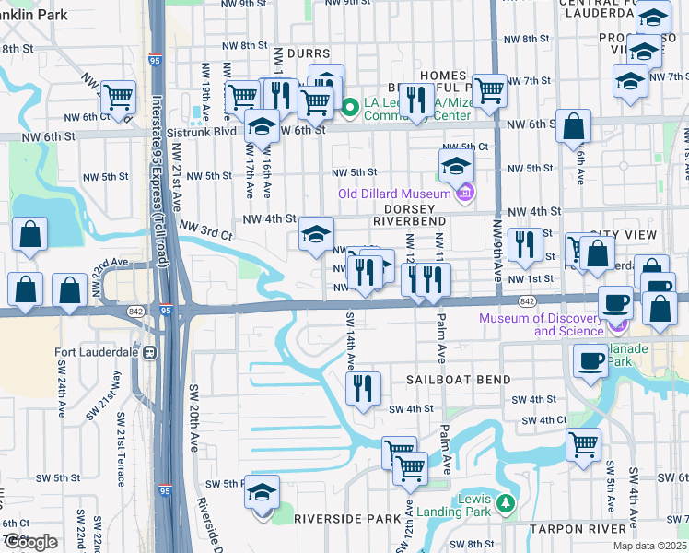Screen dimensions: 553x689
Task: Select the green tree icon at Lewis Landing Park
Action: click(x=504, y=503)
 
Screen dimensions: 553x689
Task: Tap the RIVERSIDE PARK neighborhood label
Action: click(x=344, y=519)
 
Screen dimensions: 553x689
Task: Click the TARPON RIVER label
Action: click(x=577, y=529)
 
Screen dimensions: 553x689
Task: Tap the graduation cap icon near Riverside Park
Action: click(x=262, y=492)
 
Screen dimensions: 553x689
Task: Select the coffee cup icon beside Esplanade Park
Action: click(x=590, y=360)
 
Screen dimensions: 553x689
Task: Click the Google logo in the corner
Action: click(x=29, y=542)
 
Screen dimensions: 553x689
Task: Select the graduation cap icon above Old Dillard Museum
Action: click(x=455, y=166)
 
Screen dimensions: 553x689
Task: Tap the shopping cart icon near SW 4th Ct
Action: click(x=583, y=444)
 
